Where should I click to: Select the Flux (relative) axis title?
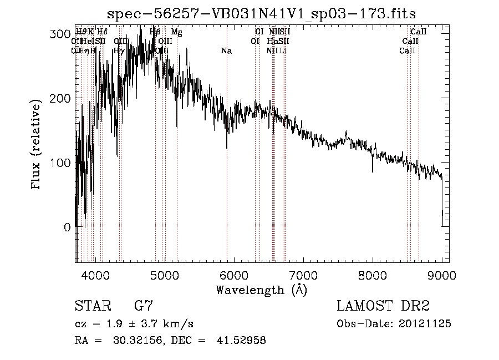(37, 145)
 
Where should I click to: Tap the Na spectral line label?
(226, 51)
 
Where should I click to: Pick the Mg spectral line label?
(176, 33)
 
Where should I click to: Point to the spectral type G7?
(143, 306)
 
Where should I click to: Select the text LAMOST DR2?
(383, 306)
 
